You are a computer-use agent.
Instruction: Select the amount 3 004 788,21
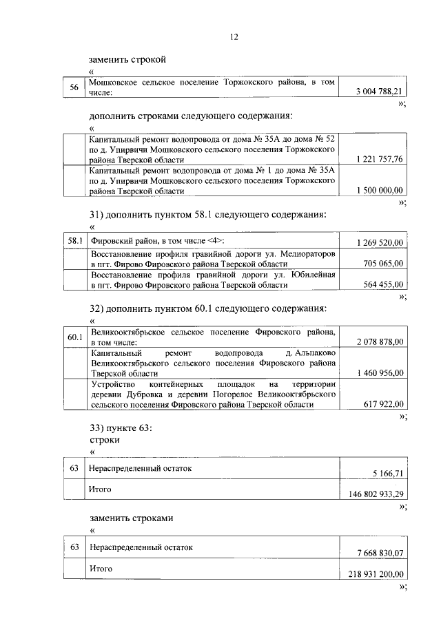point(379,91)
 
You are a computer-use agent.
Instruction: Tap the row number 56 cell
point(74,87)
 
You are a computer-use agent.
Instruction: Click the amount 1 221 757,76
point(380,159)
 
